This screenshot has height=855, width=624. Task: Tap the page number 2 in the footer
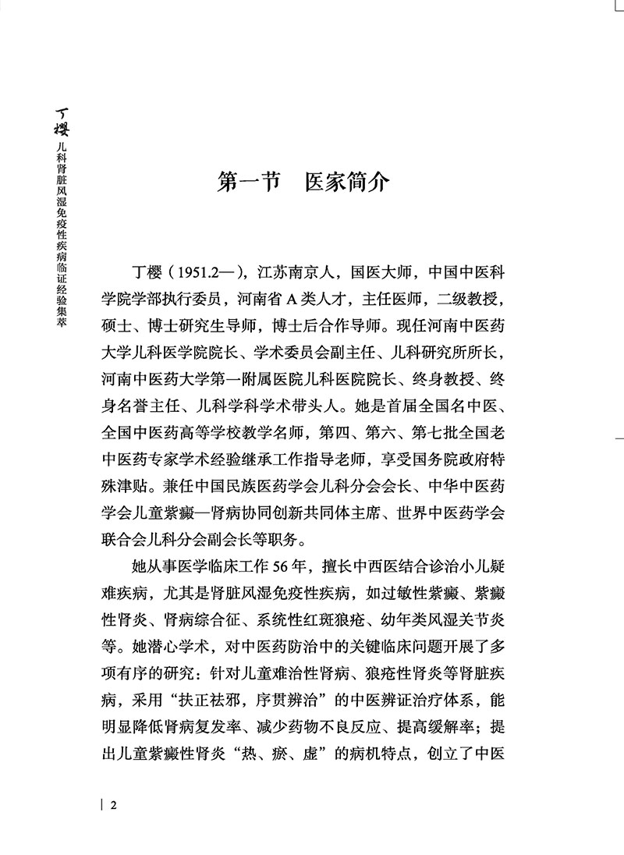(x=114, y=806)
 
